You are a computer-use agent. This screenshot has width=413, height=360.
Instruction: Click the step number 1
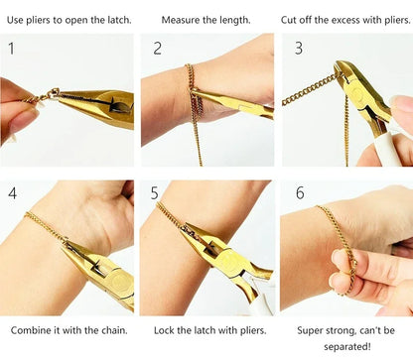click(x=11, y=48)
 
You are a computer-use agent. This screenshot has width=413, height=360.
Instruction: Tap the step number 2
click(x=157, y=48)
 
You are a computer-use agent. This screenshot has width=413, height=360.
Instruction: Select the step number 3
click(x=298, y=48)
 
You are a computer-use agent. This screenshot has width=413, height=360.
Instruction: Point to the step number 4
click(x=12, y=193)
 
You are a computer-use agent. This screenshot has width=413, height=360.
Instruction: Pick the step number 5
click(x=155, y=193)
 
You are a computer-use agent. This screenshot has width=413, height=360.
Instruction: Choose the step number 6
click(x=299, y=193)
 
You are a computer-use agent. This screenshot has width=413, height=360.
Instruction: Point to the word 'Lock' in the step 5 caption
click(x=166, y=329)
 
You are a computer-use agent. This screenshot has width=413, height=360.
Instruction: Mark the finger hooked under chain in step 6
click(x=343, y=263)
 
